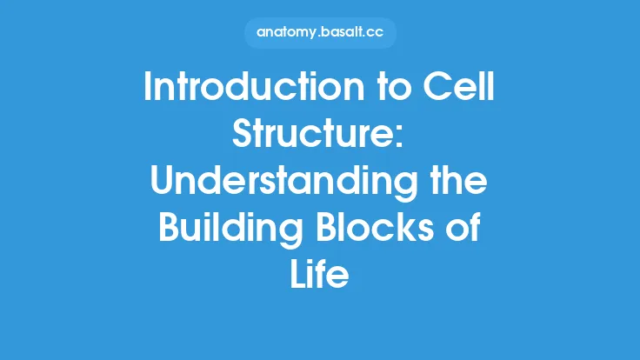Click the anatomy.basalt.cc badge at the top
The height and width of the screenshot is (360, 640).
[320, 33]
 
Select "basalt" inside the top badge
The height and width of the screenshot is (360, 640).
[345, 33]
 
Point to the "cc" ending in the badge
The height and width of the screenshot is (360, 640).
[380, 33]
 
